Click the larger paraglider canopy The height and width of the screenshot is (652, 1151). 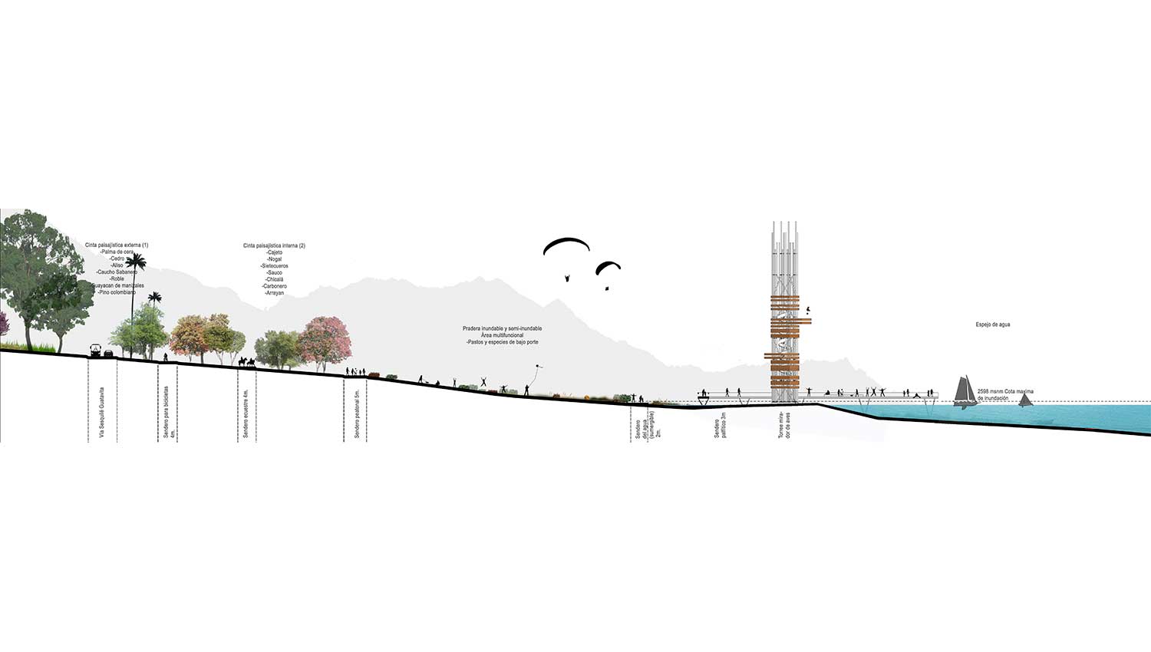point(566,246)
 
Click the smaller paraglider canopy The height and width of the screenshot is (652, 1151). point(608,267)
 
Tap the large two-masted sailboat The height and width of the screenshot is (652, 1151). point(966,390)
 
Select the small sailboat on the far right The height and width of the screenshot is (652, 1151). point(1025,399)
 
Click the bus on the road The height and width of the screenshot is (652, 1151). point(94,351)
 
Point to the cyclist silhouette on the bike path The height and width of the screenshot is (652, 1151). point(166,357)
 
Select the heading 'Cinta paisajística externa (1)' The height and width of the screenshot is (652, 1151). point(117,245)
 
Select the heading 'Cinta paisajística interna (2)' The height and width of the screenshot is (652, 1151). point(274,245)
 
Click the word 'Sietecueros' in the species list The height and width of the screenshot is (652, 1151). point(274,266)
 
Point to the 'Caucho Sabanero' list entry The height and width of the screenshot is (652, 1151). point(117,272)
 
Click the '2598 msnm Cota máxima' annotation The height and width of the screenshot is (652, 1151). point(1005,391)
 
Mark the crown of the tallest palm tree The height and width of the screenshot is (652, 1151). point(136,263)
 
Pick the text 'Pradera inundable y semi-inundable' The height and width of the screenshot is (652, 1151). point(502,329)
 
